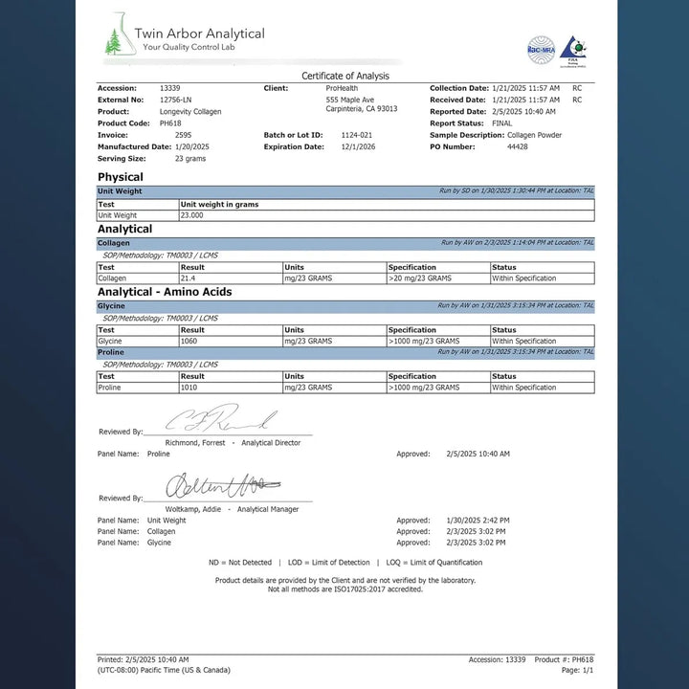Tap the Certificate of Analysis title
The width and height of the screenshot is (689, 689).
(x=344, y=76)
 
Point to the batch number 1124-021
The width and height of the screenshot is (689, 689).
(x=357, y=135)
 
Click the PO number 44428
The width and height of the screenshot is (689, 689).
(x=517, y=146)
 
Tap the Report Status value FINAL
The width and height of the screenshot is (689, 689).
(x=501, y=123)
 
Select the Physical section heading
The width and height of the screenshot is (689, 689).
(x=121, y=177)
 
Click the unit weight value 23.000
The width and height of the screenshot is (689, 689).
(x=191, y=215)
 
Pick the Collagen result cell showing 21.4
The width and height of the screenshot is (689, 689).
(x=189, y=278)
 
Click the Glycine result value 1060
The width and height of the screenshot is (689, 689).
(x=189, y=341)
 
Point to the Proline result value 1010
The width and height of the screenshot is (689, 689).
(x=189, y=388)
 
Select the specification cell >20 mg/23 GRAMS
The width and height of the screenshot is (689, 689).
(x=420, y=278)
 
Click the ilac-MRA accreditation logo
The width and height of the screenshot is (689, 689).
(x=541, y=49)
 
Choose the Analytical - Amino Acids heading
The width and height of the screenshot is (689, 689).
(x=165, y=292)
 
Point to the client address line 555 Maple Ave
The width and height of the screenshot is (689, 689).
(x=349, y=100)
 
